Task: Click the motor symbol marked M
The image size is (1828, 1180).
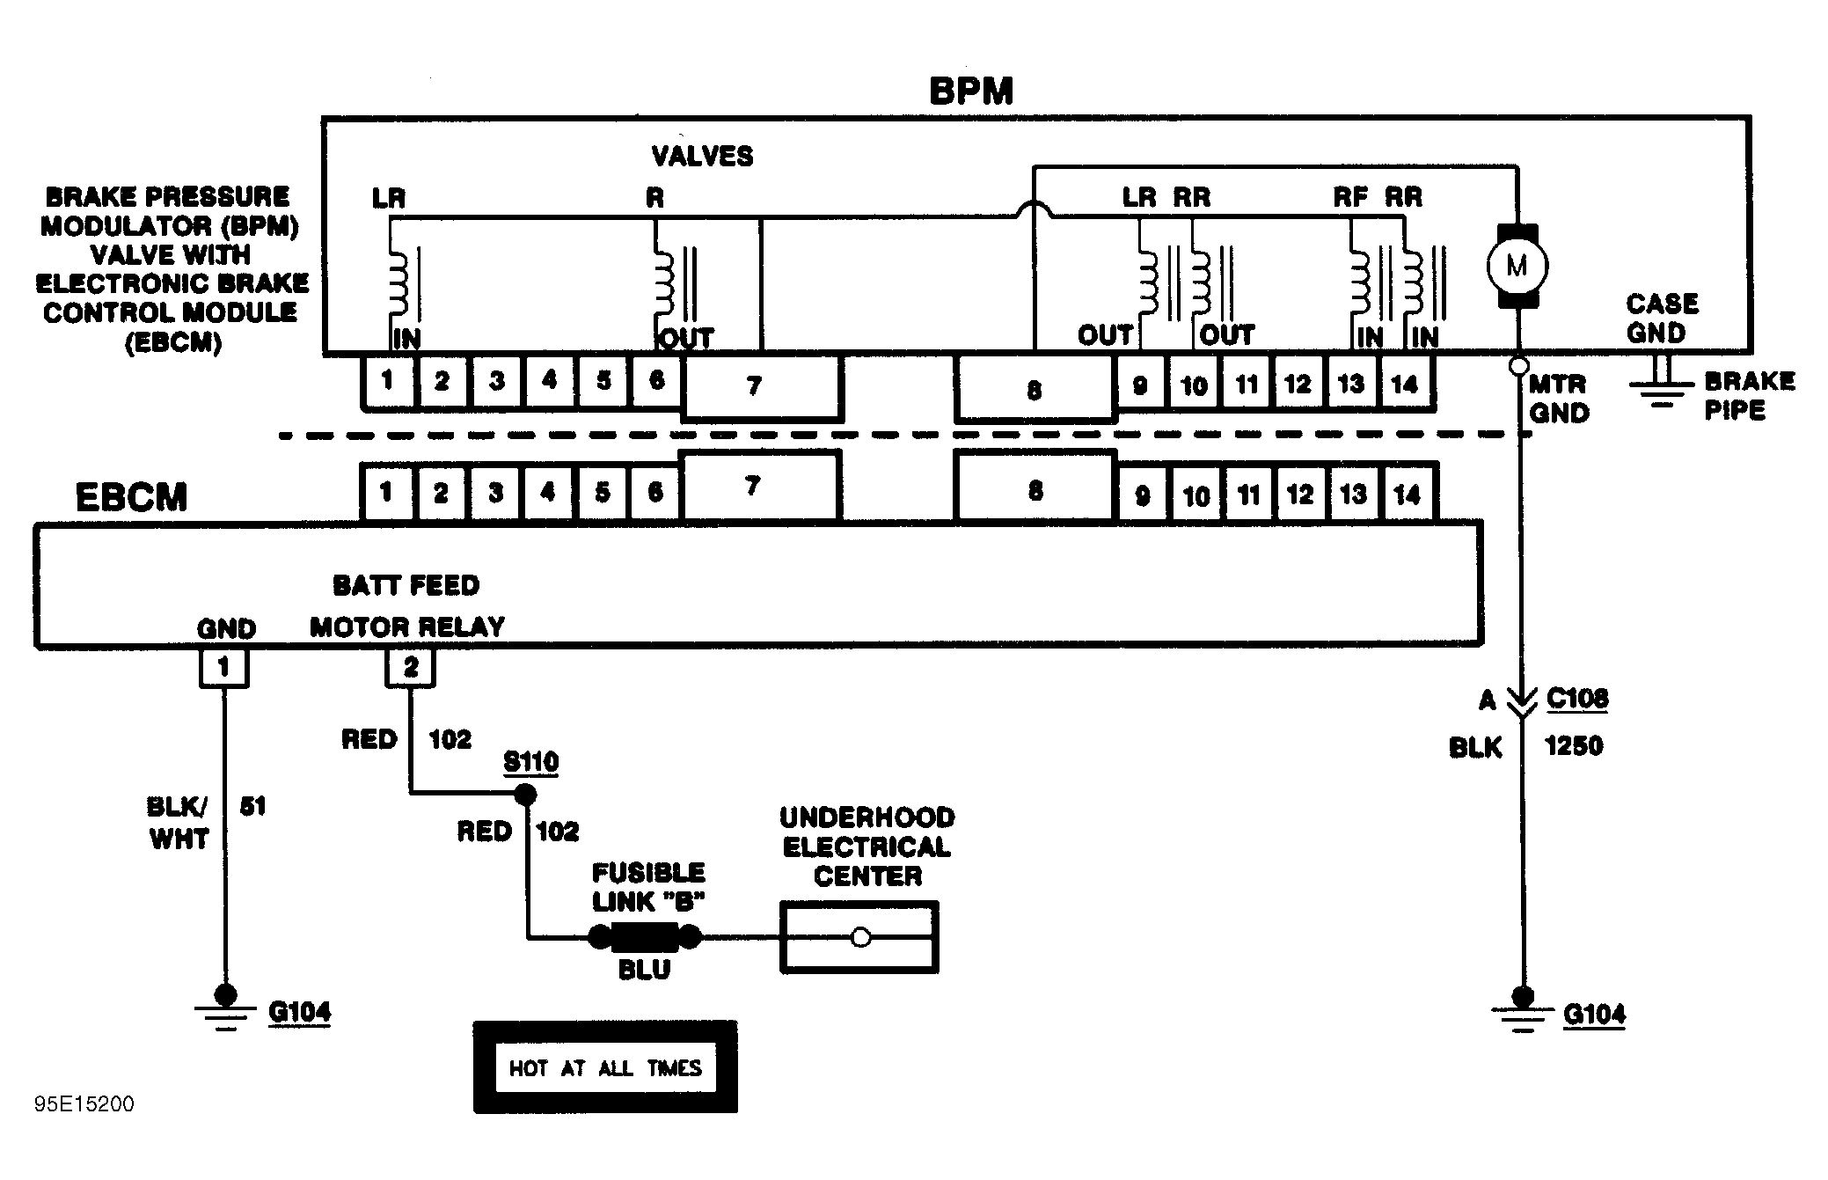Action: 1517,266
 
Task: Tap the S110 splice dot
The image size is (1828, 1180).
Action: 525,795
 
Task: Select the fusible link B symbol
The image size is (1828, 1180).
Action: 645,937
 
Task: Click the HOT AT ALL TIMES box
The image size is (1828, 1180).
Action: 605,1067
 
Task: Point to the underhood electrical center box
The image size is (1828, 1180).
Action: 859,937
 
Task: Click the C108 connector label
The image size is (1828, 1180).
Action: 1577,699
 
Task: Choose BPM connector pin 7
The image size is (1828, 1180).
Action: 761,387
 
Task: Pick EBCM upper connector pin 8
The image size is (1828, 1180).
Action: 1035,489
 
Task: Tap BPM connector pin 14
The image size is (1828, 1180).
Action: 1406,384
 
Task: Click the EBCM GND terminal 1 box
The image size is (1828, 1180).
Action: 223,668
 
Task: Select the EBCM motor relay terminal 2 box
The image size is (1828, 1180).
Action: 410,668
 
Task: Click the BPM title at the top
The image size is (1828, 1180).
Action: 971,92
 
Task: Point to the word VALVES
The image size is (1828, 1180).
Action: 702,157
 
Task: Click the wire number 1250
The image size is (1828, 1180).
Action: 1574,746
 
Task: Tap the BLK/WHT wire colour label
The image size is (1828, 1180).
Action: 179,823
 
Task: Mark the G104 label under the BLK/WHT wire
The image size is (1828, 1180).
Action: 300,1012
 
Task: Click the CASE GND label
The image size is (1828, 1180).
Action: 1661,319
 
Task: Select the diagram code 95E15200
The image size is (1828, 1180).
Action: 84,1104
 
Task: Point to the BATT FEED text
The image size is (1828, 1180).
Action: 406,586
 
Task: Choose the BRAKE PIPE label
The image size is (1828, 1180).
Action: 1749,395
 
